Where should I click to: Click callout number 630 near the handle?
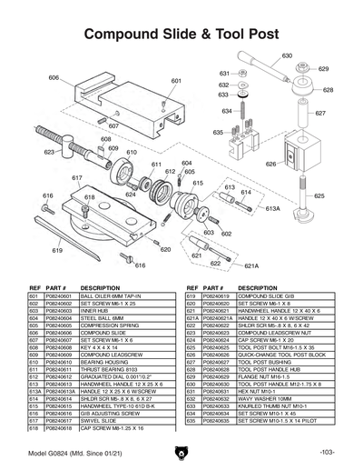tap(287, 56)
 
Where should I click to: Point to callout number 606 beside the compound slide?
tap(54, 78)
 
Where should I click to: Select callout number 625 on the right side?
tap(319, 195)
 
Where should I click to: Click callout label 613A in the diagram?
tap(272, 208)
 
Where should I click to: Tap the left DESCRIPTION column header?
tap(100, 288)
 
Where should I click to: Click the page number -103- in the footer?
tap(328, 453)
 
